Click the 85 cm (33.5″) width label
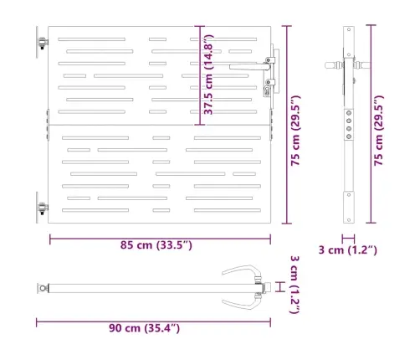point(156,245)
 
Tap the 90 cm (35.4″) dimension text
point(144,328)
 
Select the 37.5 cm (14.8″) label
point(208,75)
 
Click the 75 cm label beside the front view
point(295,131)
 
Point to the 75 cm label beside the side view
point(379,131)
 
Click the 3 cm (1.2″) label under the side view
point(348,250)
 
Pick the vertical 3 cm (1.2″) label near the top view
point(295,285)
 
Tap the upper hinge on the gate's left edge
point(43,43)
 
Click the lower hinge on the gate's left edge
point(43,208)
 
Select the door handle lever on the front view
point(249,66)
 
